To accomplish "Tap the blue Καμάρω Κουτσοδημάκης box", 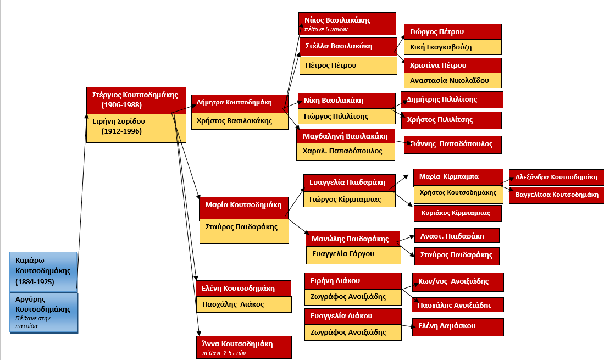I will click(43, 272).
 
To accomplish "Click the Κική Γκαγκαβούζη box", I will click(452, 47).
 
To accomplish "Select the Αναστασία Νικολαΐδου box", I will click(453, 80).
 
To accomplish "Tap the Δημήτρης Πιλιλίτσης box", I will click(452, 99).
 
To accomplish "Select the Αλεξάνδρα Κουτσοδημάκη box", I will click(557, 178).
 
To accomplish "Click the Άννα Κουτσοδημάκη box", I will click(243, 347).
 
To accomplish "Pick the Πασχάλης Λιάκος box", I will click(243, 304).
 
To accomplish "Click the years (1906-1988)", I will click(122, 104).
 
